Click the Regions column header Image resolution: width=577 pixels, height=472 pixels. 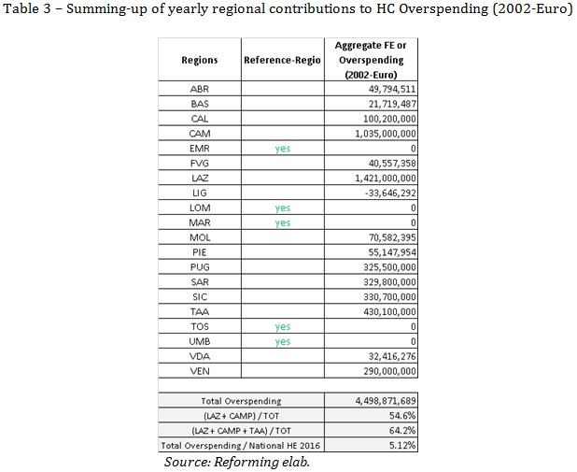(200, 60)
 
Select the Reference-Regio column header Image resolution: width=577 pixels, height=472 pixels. (282, 60)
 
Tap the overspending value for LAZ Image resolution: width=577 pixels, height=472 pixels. (386, 179)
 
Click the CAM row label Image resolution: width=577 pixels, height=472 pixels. (200, 134)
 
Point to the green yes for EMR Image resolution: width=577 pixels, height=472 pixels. (283, 149)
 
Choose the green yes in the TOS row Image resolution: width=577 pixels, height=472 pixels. (283, 327)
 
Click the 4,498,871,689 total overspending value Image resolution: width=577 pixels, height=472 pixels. (386, 401)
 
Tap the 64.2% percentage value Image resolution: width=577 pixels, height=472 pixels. (402, 431)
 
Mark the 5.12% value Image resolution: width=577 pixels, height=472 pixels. (402, 446)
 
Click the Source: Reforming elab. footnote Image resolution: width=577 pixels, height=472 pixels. (237, 462)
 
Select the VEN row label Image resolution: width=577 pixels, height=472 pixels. (200, 371)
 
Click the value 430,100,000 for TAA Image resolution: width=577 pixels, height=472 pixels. (389, 312)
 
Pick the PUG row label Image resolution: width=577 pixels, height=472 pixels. (200, 267)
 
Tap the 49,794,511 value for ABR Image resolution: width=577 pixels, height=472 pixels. (392, 89)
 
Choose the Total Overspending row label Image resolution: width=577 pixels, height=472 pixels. (241, 401)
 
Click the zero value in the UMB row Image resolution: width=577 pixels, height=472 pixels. (414, 342)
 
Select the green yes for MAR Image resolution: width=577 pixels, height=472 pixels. (283, 223)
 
